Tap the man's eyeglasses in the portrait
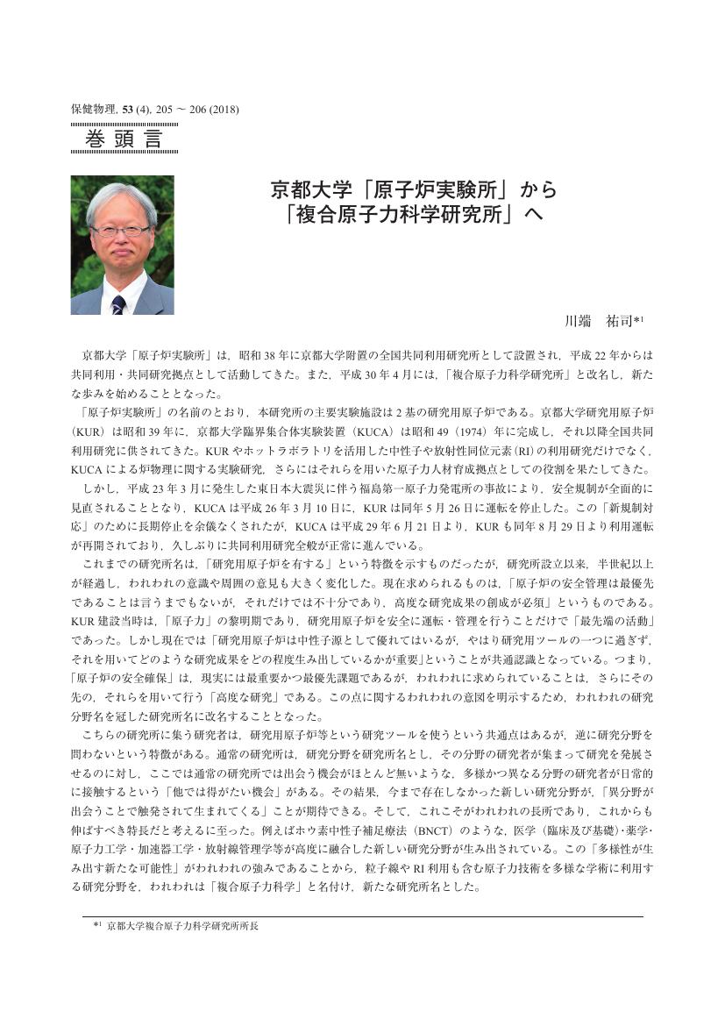pos(119,231)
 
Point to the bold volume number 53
pos(128,110)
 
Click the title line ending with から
pos(414,189)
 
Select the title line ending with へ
pos(414,215)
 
